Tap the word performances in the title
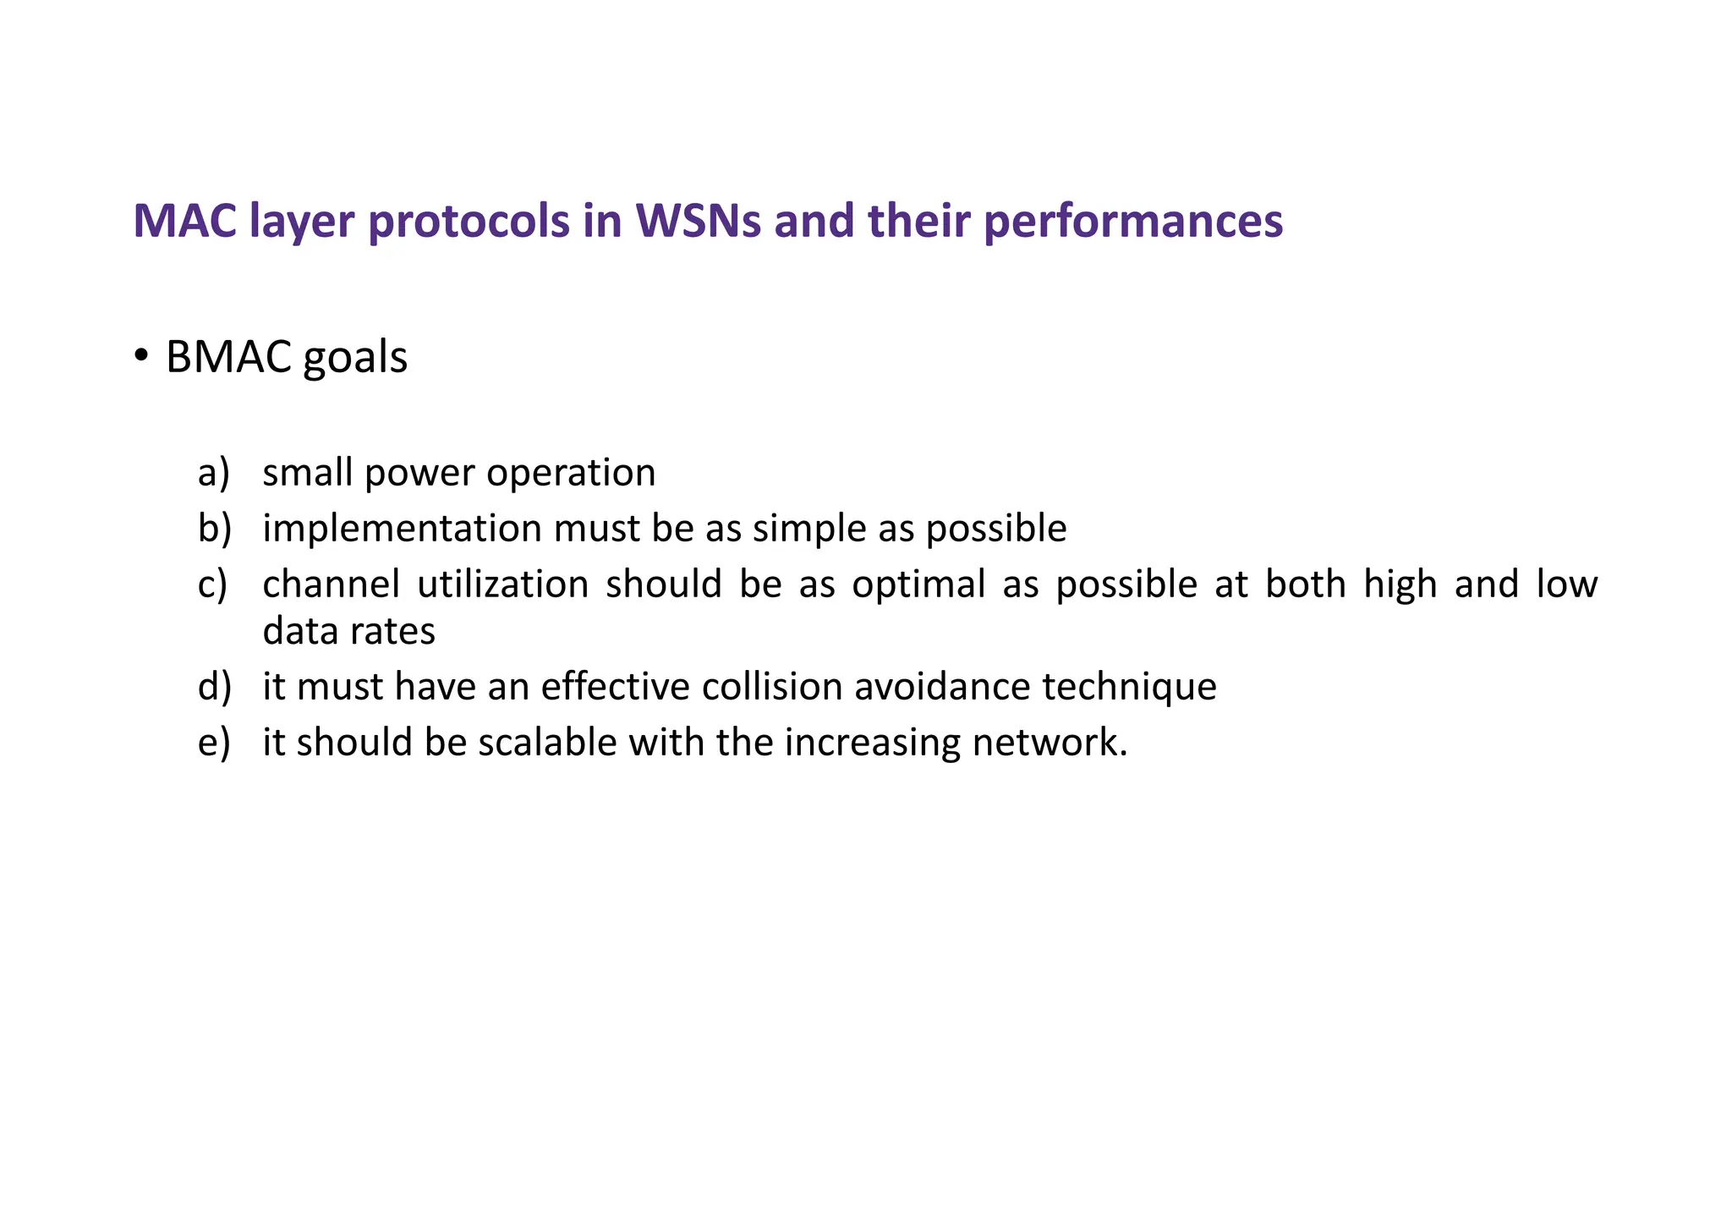[1133, 222]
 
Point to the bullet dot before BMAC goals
[141, 354]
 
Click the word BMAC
[228, 357]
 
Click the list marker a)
[213, 472]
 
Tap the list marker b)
[214, 528]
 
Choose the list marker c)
[212, 585]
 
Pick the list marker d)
[214, 686]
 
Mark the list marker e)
[213, 743]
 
